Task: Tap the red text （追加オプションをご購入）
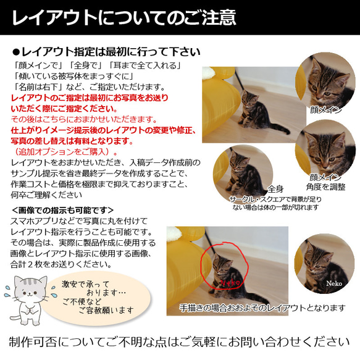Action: tap(65, 151)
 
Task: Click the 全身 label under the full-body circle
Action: tap(275, 189)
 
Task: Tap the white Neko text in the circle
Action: tap(333, 283)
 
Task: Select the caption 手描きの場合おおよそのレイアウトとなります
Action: tap(262, 307)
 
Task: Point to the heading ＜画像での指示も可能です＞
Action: tap(62, 210)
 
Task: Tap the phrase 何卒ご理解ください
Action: tap(46, 195)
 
